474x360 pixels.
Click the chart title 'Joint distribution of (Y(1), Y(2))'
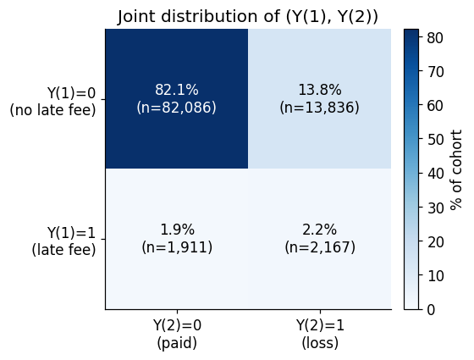247,16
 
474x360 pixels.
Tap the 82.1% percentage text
177,90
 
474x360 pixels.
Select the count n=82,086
177,108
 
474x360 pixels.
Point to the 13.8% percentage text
320,90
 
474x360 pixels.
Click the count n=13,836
320,108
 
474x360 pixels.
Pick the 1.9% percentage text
177,230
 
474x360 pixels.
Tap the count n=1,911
177,247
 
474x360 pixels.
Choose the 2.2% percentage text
320,230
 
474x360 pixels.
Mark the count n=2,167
320,247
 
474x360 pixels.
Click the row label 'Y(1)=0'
71,92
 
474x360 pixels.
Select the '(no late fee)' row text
52,110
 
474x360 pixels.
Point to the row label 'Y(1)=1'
71,233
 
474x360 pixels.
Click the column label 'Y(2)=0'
177,325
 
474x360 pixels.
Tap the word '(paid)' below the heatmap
177,343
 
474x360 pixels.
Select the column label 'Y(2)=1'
320,325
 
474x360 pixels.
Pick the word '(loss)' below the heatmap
320,343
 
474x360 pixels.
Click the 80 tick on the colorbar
435,38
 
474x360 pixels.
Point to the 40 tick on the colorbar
435,174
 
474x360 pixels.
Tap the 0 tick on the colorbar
431,310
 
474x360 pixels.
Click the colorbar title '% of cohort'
456,169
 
